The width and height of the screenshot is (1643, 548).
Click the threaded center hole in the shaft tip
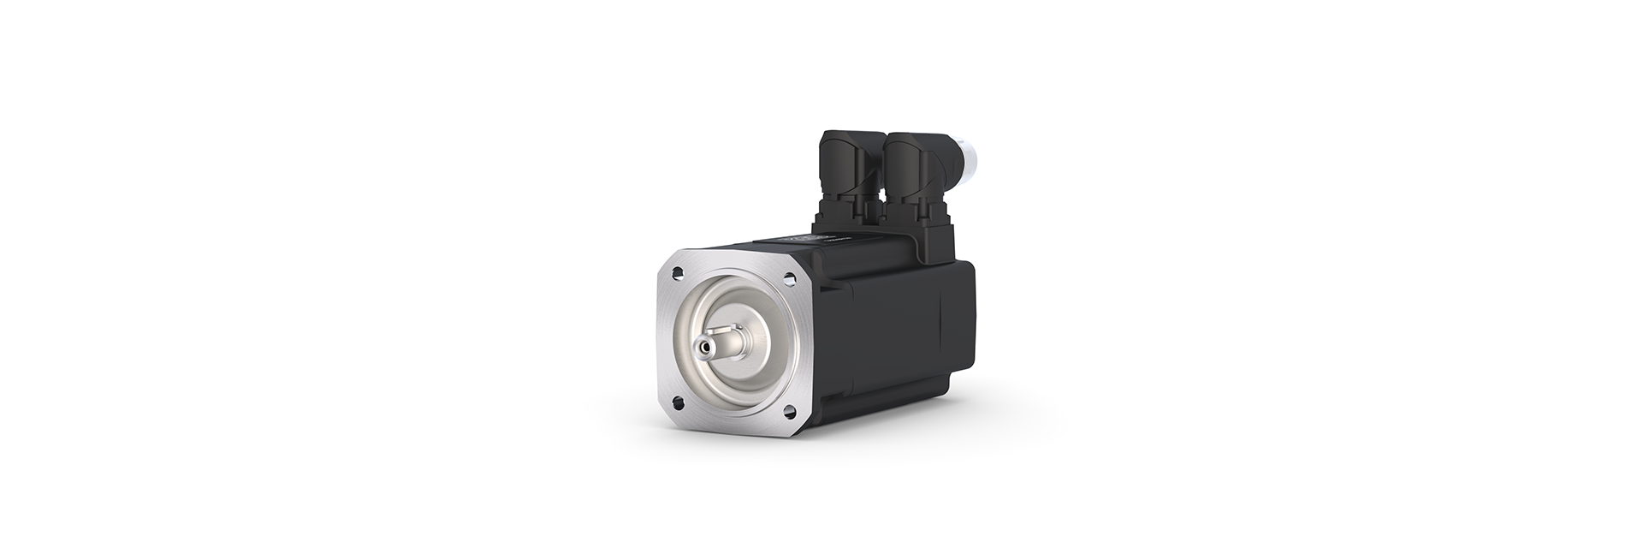point(705,348)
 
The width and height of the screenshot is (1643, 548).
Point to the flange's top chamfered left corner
point(667,257)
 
